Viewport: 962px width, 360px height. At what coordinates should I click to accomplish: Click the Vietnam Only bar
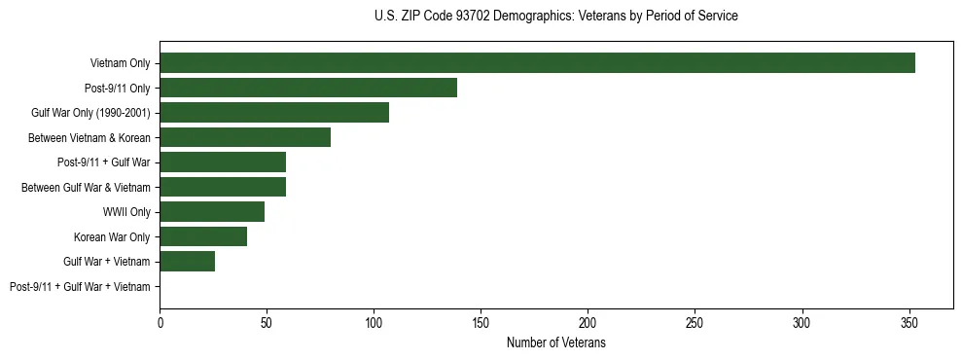pos(537,63)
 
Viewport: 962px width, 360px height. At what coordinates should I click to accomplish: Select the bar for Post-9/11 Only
pos(308,88)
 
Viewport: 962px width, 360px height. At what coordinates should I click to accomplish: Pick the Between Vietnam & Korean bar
pos(245,137)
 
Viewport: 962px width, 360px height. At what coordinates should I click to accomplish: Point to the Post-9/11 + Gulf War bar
pos(223,162)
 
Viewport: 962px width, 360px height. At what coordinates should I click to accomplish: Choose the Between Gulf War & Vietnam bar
pos(223,187)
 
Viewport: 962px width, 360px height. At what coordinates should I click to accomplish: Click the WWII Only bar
pos(212,212)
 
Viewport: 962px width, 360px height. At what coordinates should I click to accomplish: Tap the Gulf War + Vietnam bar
pos(188,262)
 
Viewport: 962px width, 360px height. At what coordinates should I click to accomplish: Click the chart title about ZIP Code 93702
pos(555,17)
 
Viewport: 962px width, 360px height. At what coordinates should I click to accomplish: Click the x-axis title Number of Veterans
pos(555,343)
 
